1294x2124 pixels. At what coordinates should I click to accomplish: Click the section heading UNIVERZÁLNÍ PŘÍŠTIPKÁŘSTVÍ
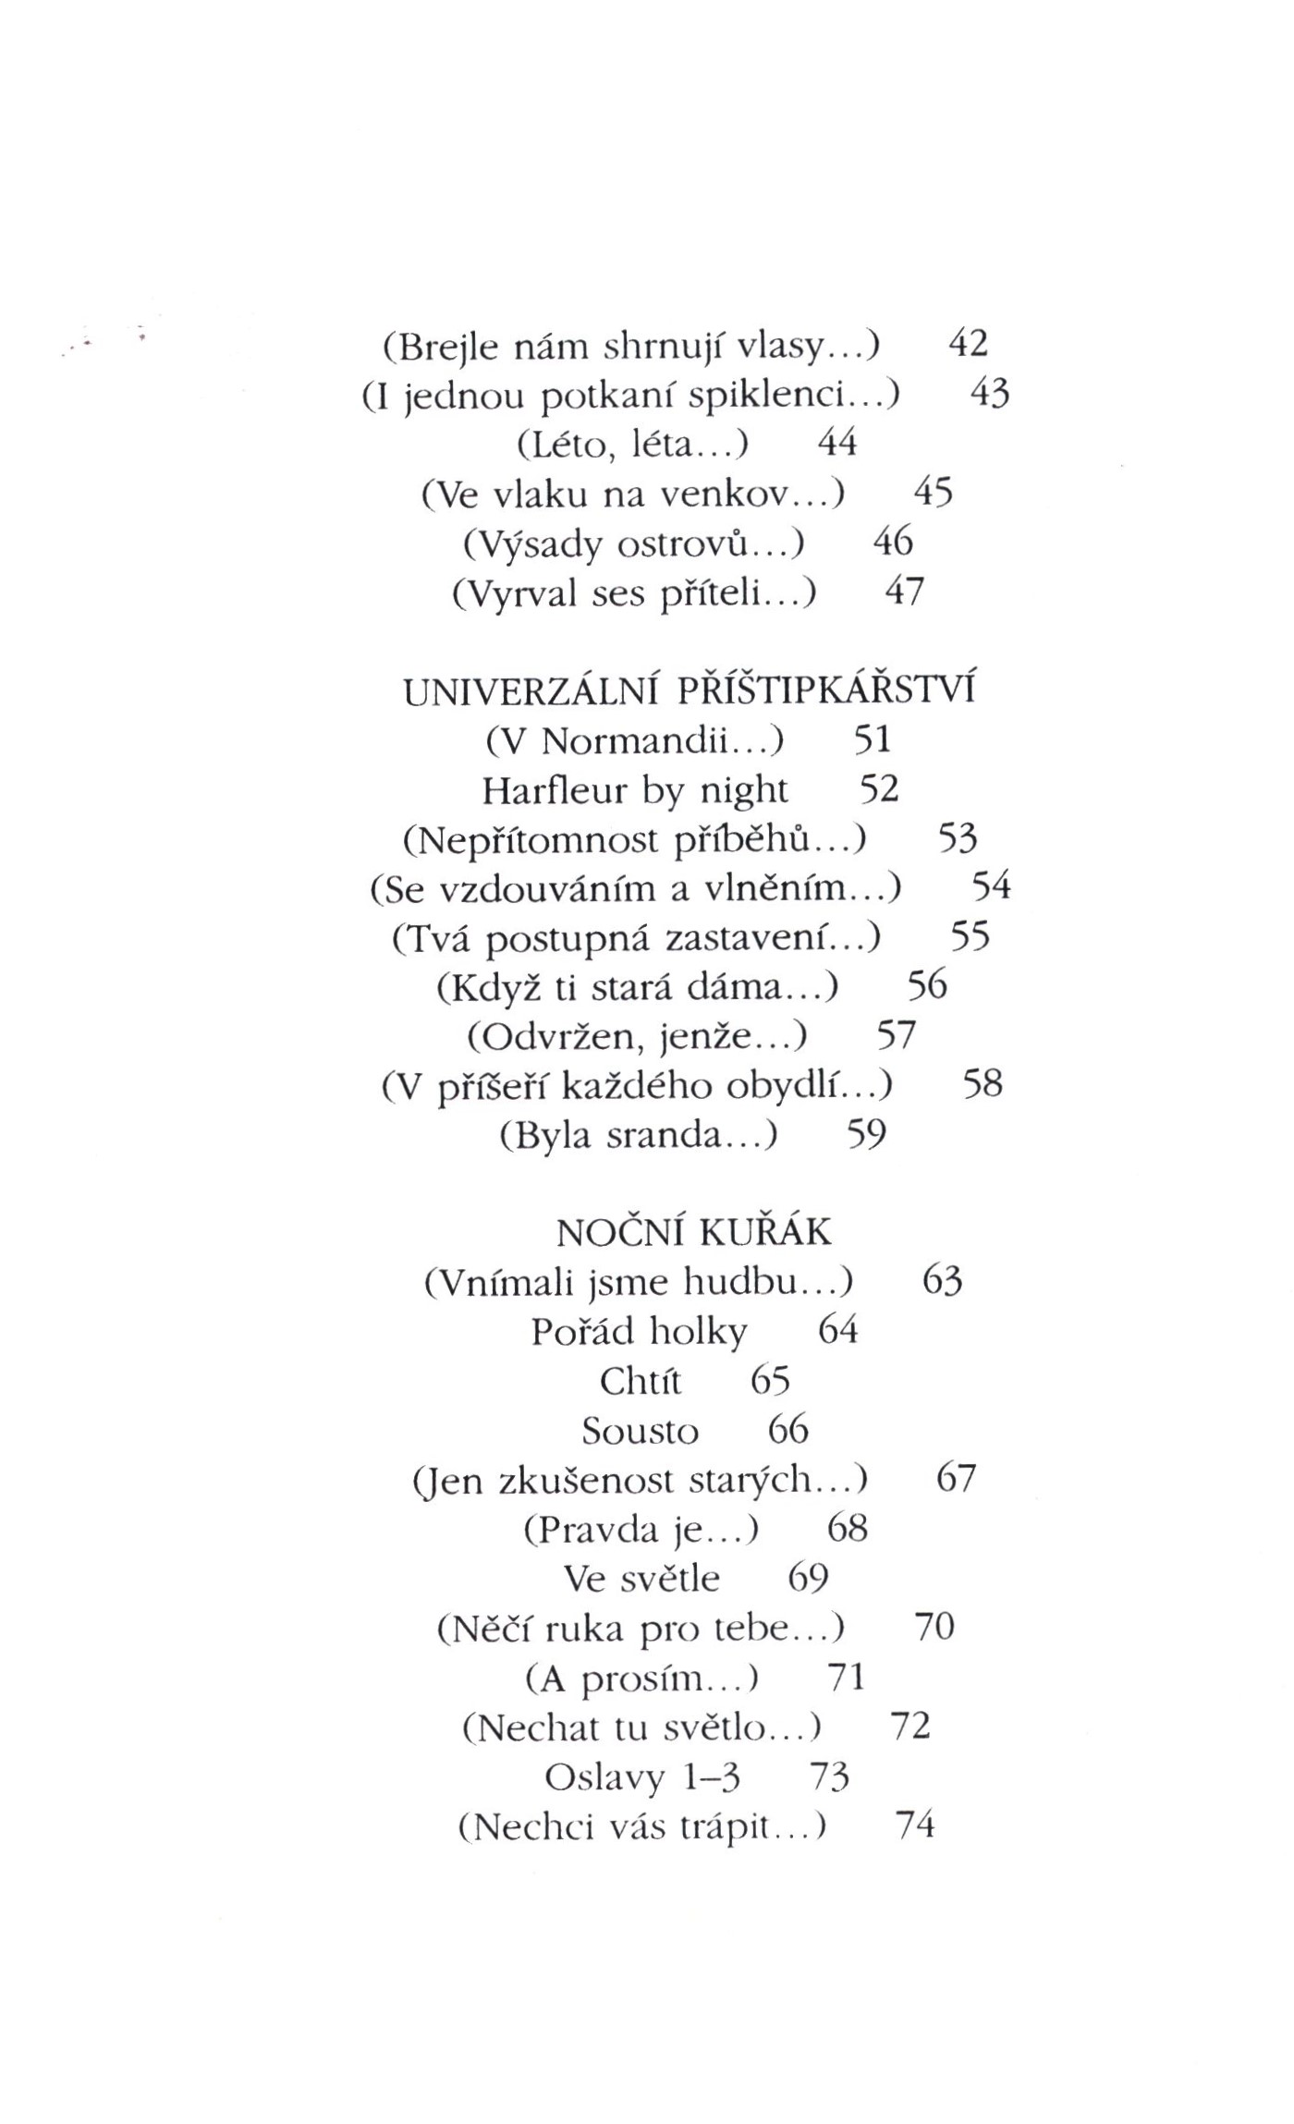click(690, 690)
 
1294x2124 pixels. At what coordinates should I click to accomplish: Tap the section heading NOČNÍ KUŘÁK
click(694, 1232)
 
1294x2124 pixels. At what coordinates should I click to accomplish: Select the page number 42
click(969, 345)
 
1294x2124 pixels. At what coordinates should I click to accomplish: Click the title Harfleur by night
click(635, 790)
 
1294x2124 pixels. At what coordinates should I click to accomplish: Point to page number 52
click(879, 789)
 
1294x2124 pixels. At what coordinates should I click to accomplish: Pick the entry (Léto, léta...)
click(633, 446)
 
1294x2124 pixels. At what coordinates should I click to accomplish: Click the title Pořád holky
click(639, 1332)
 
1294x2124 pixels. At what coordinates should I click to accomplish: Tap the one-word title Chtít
click(640, 1382)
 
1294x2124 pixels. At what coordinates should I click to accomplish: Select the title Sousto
click(640, 1432)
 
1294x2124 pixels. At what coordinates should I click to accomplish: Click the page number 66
click(788, 1431)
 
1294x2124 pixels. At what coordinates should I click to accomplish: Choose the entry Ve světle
click(641, 1579)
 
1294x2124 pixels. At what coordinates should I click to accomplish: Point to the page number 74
click(916, 1826)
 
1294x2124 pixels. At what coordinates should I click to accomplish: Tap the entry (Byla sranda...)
click(638, 1135)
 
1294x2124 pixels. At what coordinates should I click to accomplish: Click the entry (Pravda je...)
click(641, 1530)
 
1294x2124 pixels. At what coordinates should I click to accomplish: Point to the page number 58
click(983, 1084)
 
